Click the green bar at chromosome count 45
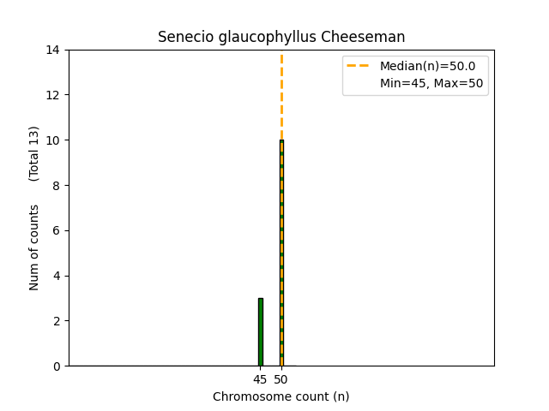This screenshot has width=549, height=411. coord(260,332)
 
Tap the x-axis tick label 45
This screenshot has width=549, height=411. coord(260,378)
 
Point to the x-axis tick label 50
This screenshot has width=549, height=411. coord(281,378)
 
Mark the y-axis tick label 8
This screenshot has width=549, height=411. coord(57,185)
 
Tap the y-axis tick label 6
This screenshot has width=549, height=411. coord(57,230)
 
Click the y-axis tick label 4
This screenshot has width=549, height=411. coord(57,276)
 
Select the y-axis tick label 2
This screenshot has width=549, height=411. coord(57,321)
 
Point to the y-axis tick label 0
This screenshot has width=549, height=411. coord(57,366)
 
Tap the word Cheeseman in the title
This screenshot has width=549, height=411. coord(370,38)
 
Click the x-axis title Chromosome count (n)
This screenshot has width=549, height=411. coord(281,396)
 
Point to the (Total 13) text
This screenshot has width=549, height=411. coord(34,153)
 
